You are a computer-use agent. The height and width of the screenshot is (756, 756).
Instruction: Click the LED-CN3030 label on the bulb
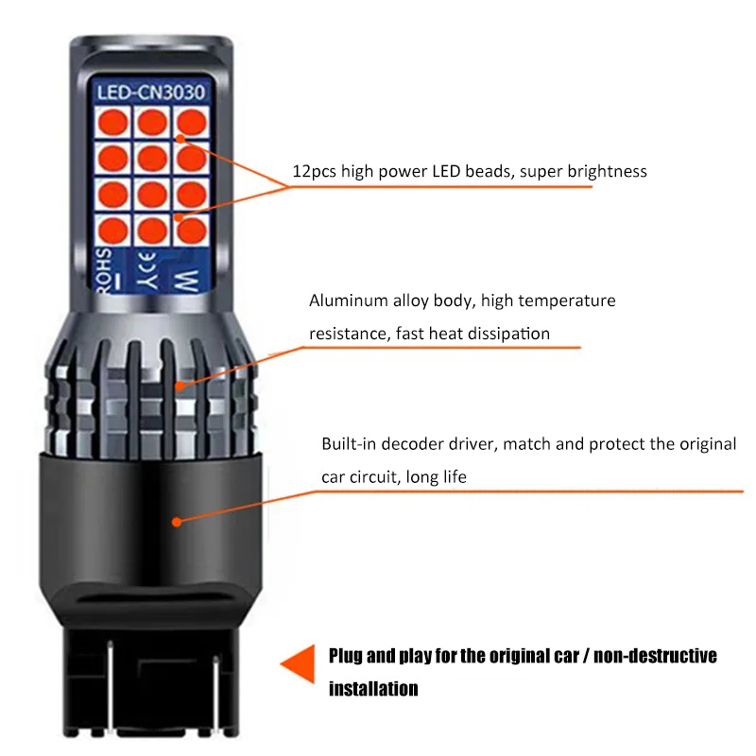pyautogui.click(x=151, y=92)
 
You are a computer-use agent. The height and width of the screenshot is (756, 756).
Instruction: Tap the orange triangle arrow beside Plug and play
pyautogui.click(x=298, y=664)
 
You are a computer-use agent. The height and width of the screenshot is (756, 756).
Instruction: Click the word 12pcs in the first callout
pyautogui.click(x=315, y=172)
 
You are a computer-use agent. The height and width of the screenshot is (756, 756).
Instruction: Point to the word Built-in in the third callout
pyautogui.click(x=349, y=443)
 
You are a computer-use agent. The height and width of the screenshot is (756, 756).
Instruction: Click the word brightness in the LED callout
pyautogui.click(x=607, y=172)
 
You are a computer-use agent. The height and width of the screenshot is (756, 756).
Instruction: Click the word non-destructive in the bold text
pyautogui.click(x=655, y=656)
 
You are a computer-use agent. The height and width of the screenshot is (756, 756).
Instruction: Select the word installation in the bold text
pyautogui.click(x=373, y=689)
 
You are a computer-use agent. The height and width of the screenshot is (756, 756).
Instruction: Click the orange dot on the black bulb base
pyautogui.click(x=177, y=522)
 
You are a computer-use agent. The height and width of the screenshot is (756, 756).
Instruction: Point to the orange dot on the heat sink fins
pyautogui.click(x=180, y=386)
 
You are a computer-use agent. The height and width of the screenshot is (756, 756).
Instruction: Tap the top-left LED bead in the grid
pyautogui.click(x=112, y=122)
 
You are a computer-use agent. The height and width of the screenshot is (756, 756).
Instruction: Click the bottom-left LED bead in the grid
pyautogui.click(x=112, y=230)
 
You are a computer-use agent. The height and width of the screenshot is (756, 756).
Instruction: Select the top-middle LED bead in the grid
pyautogui.click(x=152, y=122)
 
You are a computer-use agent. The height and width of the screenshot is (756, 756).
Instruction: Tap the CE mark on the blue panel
pyautogui.click(x=148, y=270)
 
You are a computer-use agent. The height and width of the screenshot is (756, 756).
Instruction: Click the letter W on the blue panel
pyautogui.click(x=187, y=281)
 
